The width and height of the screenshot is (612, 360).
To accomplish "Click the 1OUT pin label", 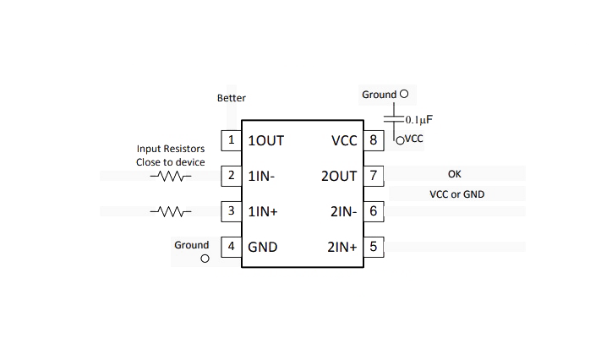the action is pos(265,141).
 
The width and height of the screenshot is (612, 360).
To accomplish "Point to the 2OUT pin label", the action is pos(339,177).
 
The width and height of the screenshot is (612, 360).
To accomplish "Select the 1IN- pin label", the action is pos(261,177).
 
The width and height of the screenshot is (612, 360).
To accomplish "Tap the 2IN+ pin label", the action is pos(342,247).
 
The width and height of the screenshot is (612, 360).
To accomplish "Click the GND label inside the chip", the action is pos(263,247).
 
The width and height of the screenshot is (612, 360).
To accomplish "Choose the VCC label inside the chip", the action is pos(344,141).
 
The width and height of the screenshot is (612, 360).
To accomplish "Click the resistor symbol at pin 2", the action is pos(171,177).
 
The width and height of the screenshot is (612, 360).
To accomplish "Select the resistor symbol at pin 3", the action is pos(171,212).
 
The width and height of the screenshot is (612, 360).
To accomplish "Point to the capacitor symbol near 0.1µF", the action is pos(393,119).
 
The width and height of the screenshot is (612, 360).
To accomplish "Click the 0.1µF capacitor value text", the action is pos(418,120).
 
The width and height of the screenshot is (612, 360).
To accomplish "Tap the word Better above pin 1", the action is pos(232,98).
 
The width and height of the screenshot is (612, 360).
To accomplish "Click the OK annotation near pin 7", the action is pos(454,174).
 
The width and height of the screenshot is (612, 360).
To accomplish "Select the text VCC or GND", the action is pos(456,194).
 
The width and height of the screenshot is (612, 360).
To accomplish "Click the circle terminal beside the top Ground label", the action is pos(404,94).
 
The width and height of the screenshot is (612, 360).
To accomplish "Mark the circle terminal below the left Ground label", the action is pos(205,259).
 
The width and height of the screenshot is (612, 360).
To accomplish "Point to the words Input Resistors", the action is pos(171,149).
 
